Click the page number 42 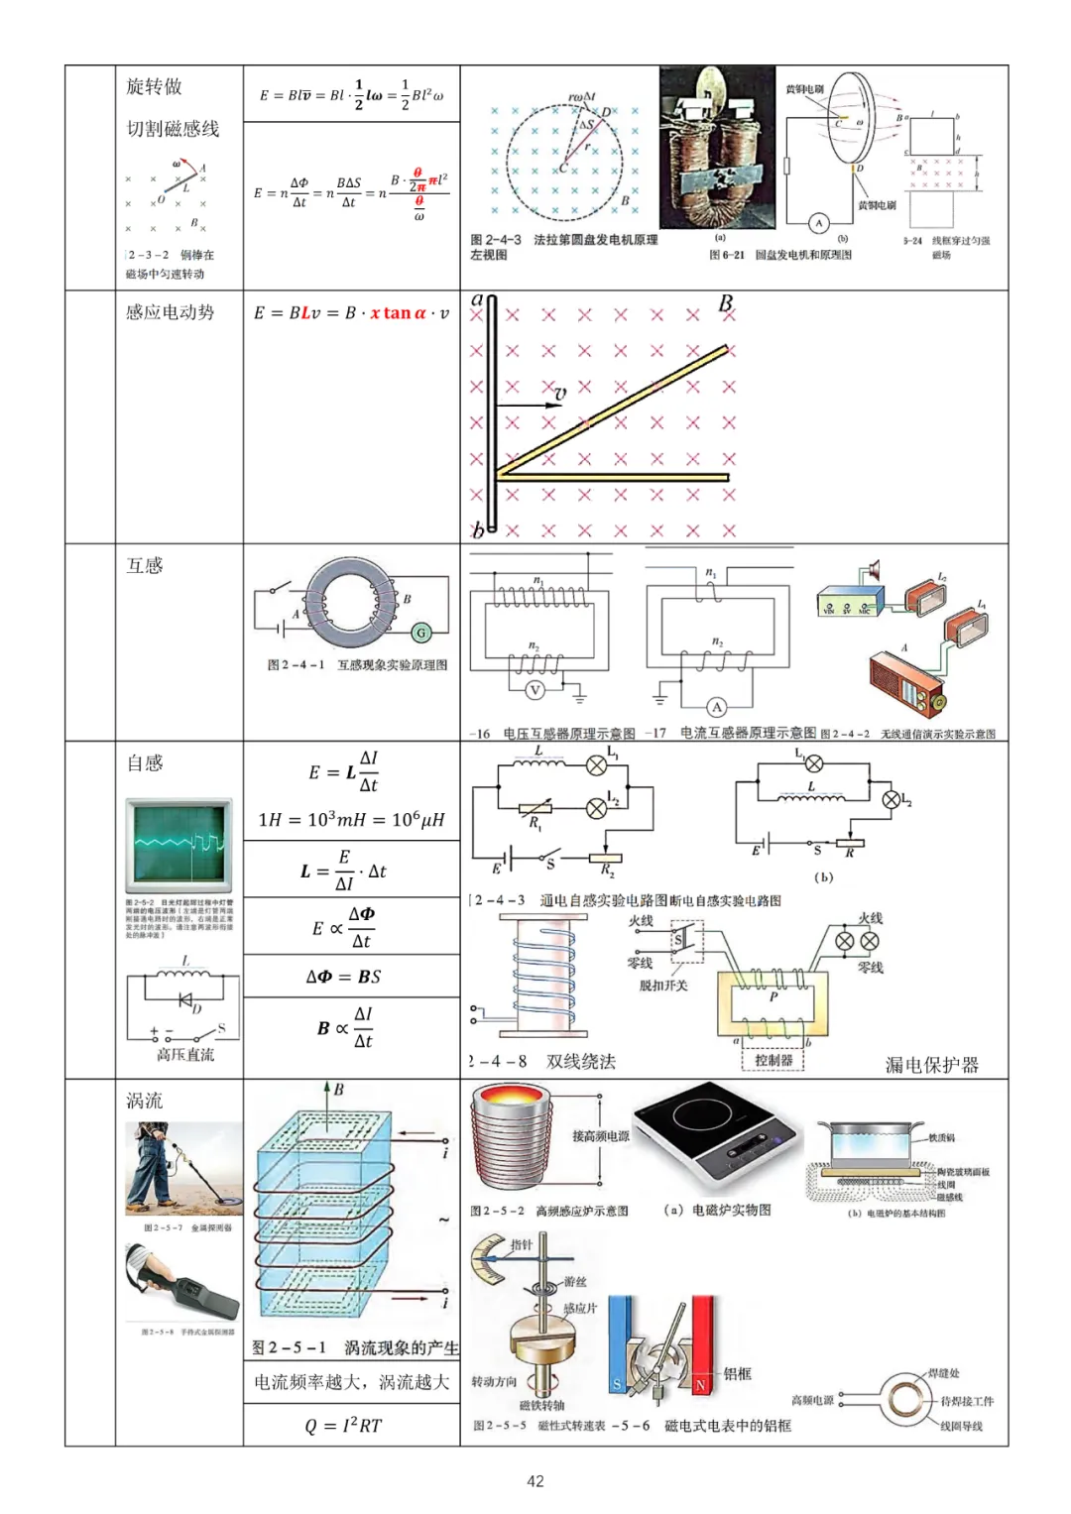535,1480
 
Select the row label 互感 145,565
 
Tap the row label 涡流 145,1101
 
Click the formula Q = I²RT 343,1425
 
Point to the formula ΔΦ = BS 343,977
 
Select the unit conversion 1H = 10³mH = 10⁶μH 351,819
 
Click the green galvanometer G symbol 420,632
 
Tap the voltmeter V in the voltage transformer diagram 535,690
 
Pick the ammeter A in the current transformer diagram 716,706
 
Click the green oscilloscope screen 178,845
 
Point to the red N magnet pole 702,1348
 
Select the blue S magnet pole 620,1348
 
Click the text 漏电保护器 931,1065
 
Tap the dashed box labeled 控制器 773,1059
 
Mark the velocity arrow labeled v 529,405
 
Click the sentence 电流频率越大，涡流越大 351,1381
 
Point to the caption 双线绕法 581,1061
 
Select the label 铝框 738,1373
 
